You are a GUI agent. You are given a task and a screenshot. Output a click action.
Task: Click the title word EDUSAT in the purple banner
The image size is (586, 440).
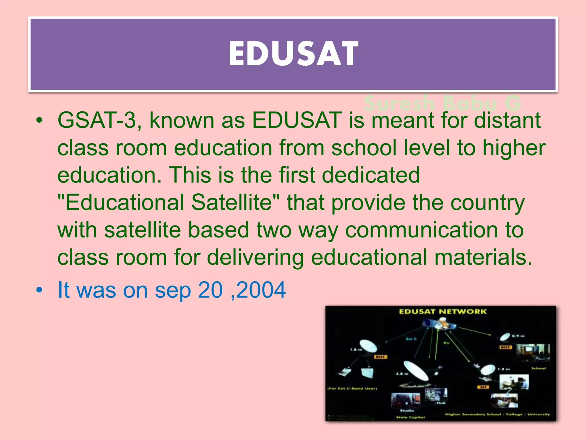[293, 54]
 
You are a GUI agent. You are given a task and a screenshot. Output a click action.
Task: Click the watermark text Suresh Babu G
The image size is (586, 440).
[442, 103]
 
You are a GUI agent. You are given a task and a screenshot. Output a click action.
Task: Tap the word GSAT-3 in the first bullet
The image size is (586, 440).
[97, 120]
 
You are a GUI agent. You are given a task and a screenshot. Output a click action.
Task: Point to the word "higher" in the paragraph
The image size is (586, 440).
[514, 148]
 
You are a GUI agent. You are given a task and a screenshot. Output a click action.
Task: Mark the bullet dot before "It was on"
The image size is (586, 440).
[39, 290]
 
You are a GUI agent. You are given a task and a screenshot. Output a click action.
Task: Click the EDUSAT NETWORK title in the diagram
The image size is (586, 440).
[442, 312]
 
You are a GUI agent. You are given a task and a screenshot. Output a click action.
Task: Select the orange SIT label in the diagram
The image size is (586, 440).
[483, 387]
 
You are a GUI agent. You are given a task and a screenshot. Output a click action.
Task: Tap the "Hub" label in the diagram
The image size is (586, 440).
[441, 403]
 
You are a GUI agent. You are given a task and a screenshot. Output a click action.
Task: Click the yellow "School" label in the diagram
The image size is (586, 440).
[538, 368]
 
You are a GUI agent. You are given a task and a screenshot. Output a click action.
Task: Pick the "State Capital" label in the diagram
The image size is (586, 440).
[410, 417]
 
